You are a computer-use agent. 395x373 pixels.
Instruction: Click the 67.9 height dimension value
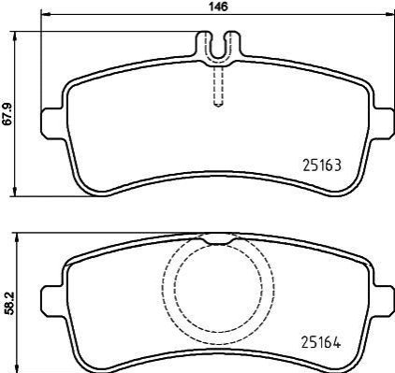pos(8,114)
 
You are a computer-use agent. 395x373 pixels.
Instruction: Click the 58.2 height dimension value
pos(11,304)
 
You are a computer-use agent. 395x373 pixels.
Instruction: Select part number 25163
pos(322,165)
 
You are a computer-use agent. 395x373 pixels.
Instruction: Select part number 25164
pos(321,343)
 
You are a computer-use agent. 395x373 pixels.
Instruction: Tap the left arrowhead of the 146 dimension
pos(46,14)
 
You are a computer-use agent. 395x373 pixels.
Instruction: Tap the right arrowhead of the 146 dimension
pos(389,14)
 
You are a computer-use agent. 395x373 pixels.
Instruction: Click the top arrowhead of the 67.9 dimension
pos(14,36)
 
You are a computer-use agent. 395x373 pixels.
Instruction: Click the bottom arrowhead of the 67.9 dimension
pos(14,192)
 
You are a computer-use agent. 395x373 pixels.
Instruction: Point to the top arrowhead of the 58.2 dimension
pos(17,237)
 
